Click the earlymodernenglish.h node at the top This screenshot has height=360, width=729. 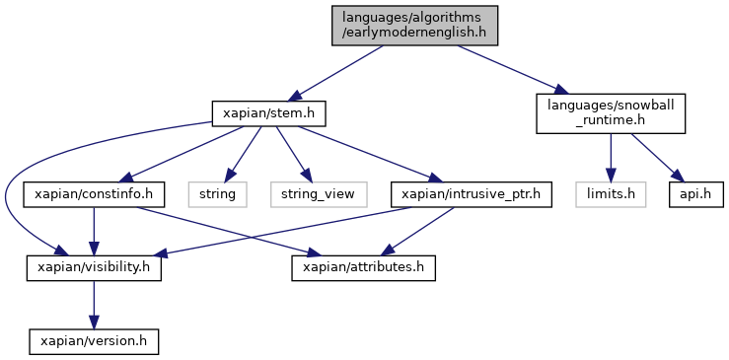coord(414,26)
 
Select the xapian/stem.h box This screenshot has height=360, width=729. coord(268,113)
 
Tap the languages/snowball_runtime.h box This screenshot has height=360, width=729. coord(611,113)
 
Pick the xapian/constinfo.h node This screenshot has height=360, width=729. coord(94,194)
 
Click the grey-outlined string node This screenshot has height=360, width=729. coord(217,194)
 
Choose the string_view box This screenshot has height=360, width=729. coord(319,194)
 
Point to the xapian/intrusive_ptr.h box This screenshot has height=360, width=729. coord(471,194)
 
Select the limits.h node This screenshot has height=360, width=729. coord(611,194)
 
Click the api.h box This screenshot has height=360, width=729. coord(696,194)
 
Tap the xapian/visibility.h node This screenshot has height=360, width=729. coord(94,268)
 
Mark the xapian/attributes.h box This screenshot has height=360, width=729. coord(364,268)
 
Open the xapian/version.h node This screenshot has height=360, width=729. coord(94,341)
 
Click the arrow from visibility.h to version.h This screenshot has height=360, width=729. coord(94,305)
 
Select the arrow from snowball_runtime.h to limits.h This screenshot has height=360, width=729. coord(611,158)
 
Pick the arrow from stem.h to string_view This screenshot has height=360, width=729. coord(293,154)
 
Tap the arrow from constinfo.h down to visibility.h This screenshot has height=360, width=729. coord(94,231)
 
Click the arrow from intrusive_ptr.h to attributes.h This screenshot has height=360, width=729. coord(417,231)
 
